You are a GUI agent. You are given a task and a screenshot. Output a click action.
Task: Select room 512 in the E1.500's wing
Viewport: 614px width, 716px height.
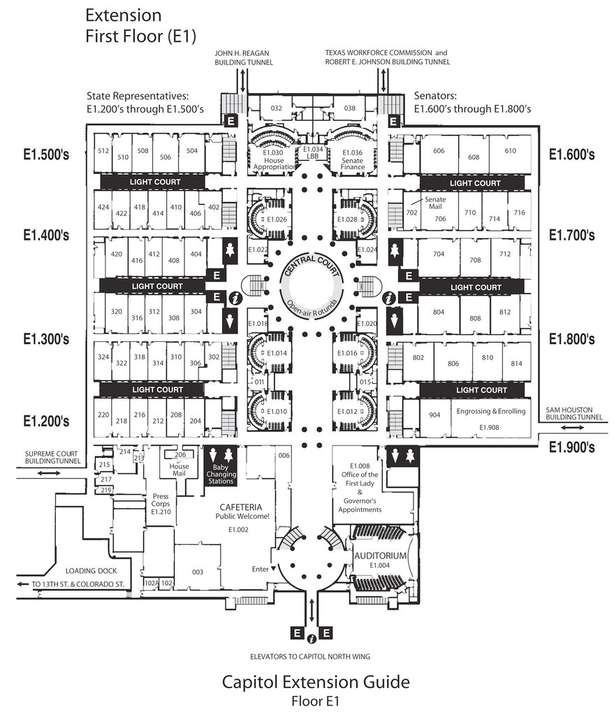103,151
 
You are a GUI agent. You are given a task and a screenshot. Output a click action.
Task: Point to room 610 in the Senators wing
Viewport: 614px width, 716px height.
510,151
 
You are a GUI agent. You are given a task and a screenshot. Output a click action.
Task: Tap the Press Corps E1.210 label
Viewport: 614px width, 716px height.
161,503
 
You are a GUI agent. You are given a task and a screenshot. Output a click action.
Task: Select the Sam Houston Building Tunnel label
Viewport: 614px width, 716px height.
573,417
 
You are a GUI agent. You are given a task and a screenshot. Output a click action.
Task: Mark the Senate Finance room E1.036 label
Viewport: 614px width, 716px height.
353,159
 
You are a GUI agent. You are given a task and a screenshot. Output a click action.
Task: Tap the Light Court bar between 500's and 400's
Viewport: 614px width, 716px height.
155,182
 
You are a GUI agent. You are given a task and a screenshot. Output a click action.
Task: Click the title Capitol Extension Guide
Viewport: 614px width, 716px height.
316,682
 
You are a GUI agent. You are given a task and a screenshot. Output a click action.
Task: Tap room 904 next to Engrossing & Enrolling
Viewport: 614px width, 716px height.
434,415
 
